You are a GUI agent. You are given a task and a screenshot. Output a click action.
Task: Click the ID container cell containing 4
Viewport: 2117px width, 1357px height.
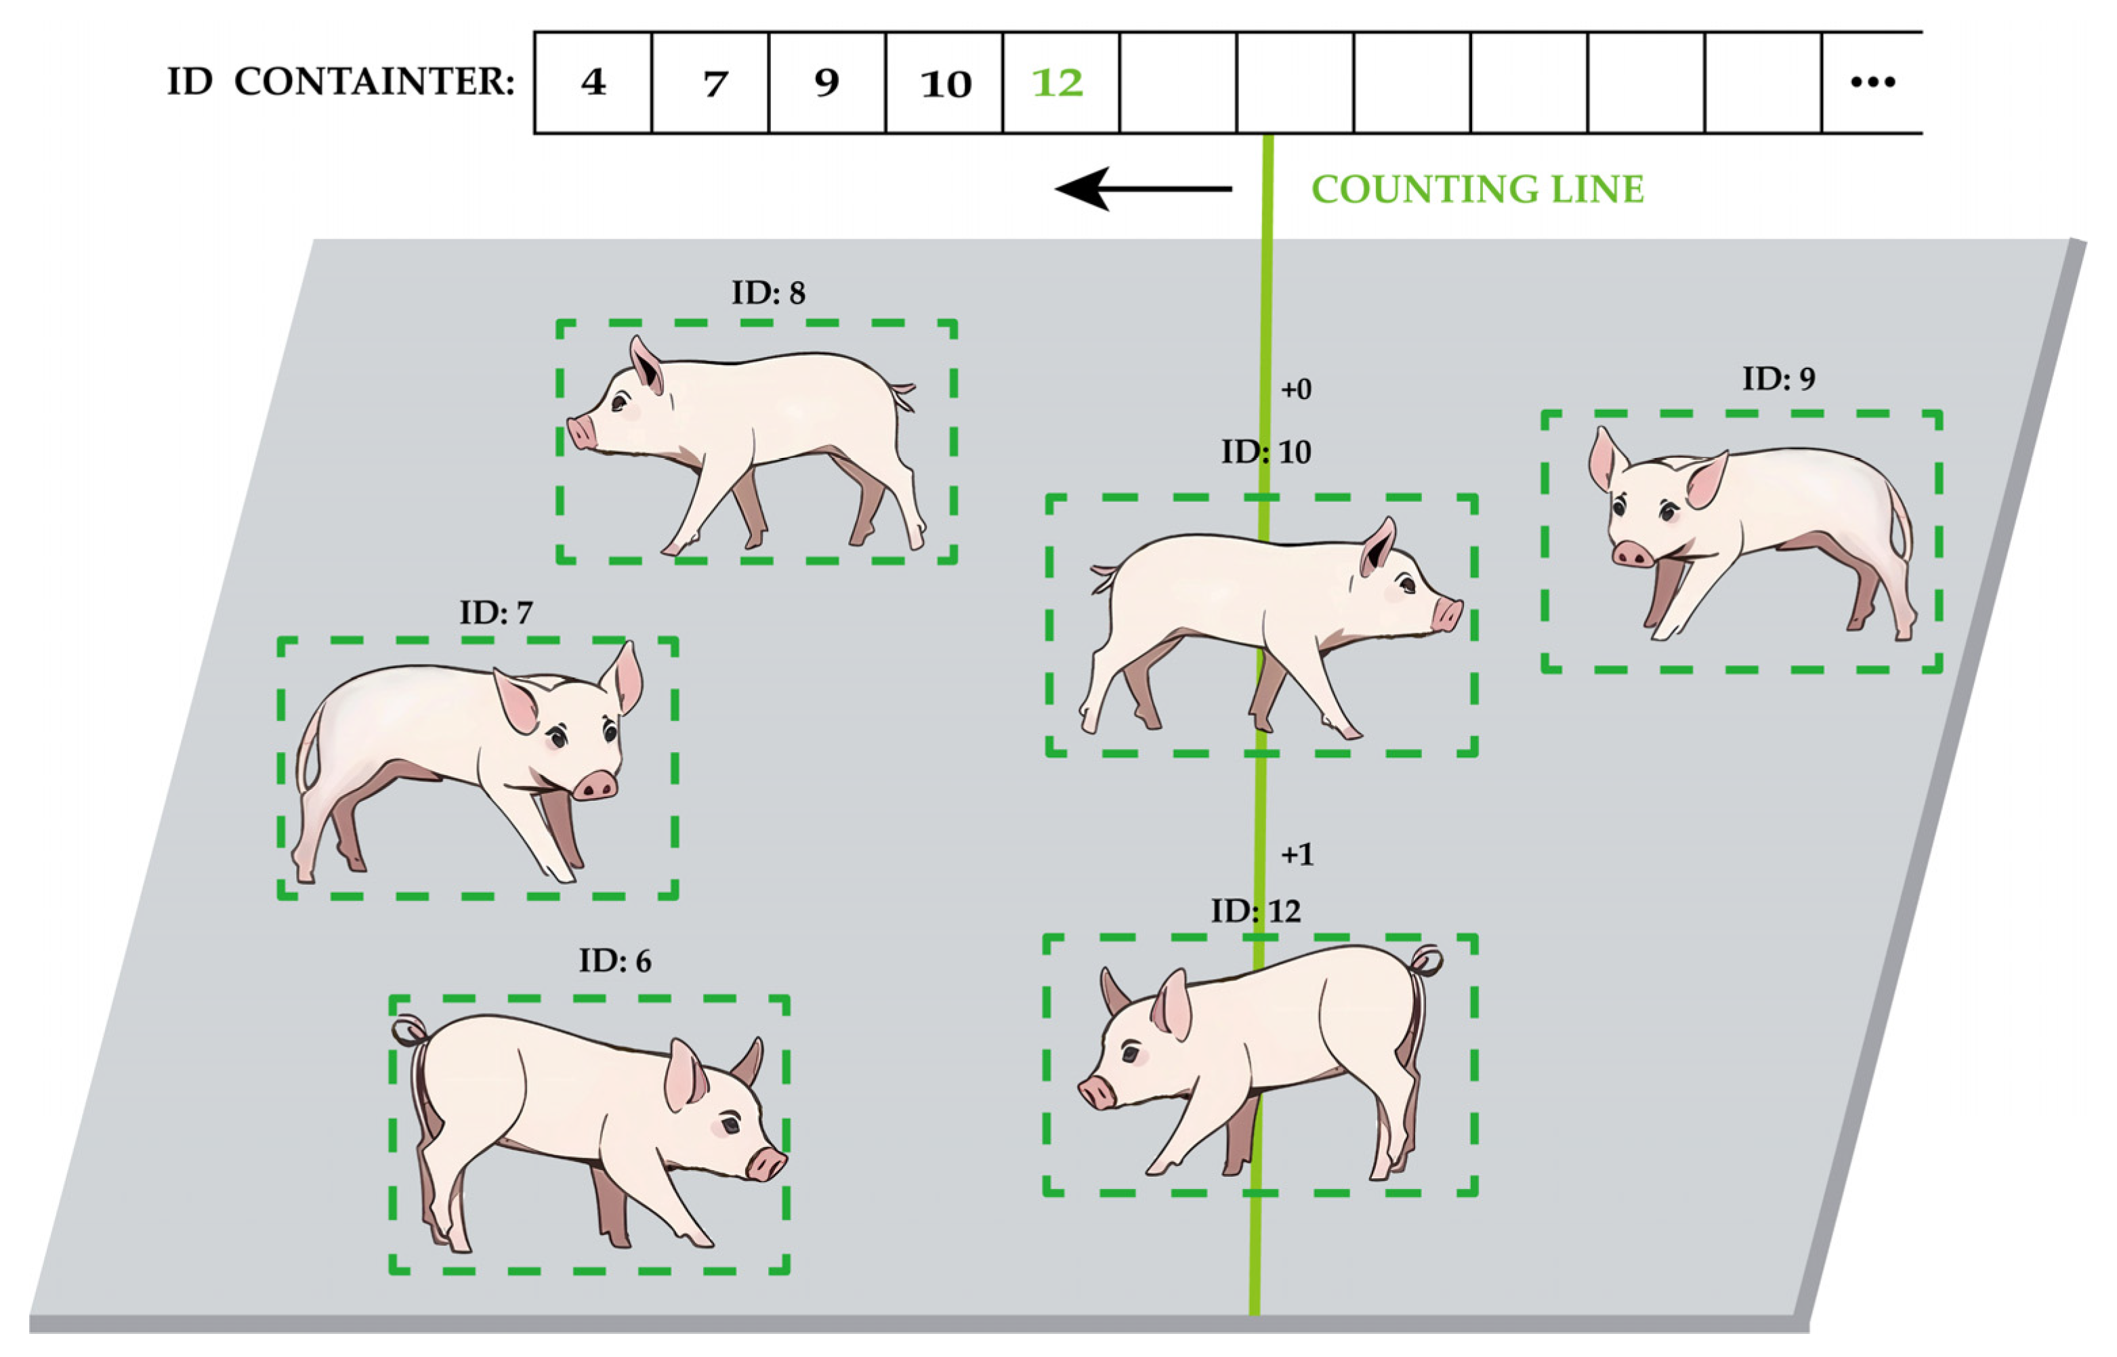pyautogui.click(x=593, y=83)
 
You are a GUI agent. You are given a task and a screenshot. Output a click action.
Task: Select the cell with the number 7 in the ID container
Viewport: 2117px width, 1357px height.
pyautogui.click(x=710, y=83)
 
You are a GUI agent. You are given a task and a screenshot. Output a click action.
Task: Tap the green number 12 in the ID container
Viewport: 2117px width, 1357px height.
pyautogui.click(x=1057, y=83)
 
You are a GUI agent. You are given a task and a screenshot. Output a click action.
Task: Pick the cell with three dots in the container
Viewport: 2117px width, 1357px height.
pyautogui.click(x=1871, y=83)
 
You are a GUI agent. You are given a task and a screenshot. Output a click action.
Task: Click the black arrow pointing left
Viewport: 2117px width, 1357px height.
pyautogui.click(x=1143, y=188)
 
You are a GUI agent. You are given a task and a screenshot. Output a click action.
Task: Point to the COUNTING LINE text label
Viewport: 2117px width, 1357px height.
pyautogui.click(x=1477, y=190)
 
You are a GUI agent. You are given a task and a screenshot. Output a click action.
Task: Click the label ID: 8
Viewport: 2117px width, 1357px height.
pyautogui.click(x=768, y=293)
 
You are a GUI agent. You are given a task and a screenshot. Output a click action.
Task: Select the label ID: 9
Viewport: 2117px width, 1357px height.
pyautogui.click(x=1779, y=379)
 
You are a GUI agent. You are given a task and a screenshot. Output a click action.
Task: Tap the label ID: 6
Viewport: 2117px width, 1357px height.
pyautogui.click(x=615, y=961)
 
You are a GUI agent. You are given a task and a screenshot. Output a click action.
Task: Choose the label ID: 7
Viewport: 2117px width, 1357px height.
pyautogui.click(x=496, y=612)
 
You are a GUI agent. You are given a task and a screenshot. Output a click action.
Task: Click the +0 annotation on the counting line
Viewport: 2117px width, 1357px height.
pyautogui.click(x=1296, y=389)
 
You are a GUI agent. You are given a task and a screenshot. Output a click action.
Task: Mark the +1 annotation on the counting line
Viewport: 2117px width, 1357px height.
pyautogui.click(x=1297, y=854)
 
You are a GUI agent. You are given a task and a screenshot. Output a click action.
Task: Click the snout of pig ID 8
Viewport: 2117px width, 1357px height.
pyautogui.click(x=581, y=433)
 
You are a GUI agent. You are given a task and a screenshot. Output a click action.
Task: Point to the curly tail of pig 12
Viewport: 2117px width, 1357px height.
pyautogui.click(x=1425, y=961)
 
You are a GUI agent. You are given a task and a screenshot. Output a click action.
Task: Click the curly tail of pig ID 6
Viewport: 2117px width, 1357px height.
pyautogui.click(x=411, y=1031)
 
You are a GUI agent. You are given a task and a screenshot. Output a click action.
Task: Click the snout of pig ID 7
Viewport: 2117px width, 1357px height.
pyautogui.click(x=595, y=785)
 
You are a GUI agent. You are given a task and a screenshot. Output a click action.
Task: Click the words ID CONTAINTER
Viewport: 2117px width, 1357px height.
pyautogui.click(x=341, y=83)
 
